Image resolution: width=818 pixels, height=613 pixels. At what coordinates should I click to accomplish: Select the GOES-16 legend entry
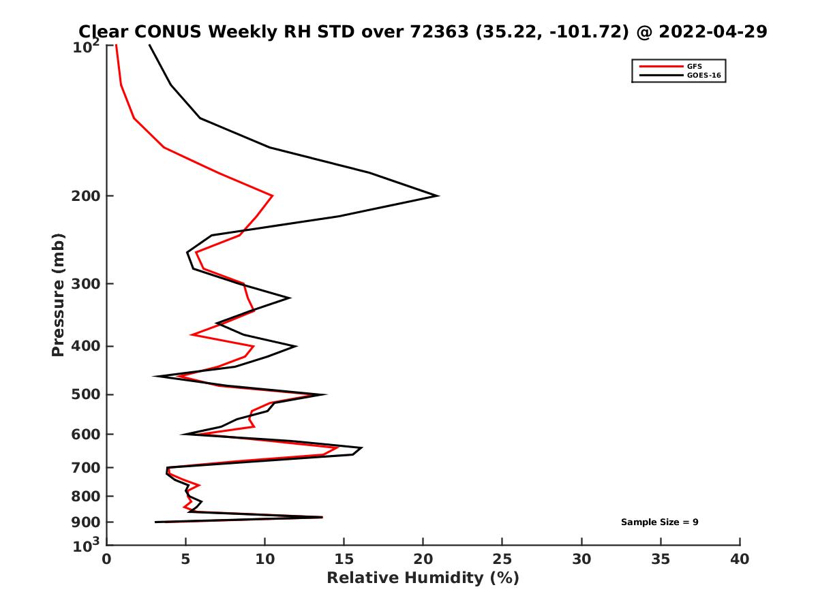tap(705, 76)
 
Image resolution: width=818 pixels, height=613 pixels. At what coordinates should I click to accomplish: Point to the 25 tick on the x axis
tap(502, 560)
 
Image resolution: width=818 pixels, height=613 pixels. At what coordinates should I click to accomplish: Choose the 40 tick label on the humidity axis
tap(740, 560)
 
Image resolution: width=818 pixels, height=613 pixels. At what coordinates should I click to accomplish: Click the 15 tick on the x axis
tap(344, 560)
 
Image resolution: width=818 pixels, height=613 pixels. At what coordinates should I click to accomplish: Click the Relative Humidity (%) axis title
tap(423, 578)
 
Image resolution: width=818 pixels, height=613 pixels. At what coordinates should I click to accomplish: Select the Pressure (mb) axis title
tap(58, 294)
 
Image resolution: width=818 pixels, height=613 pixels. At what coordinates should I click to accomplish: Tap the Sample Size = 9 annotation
tap(659, 522)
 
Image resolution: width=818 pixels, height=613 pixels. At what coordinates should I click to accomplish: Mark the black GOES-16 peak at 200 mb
tap(438, 196)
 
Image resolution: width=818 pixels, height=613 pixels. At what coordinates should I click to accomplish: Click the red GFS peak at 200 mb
tap(273, 195)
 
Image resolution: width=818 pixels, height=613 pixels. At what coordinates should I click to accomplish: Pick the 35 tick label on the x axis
tap(661, 560)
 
